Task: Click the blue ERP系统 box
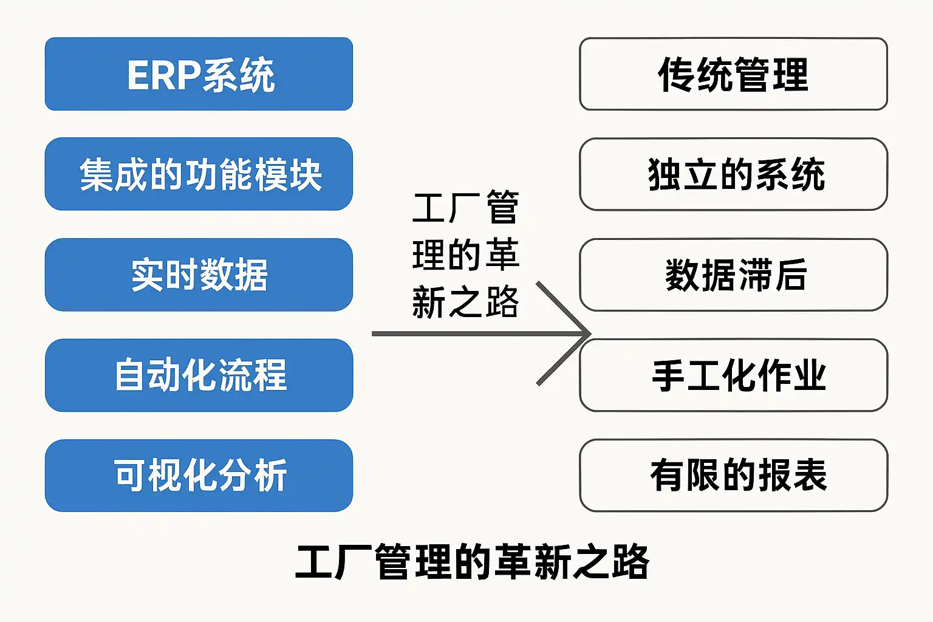point(199,74)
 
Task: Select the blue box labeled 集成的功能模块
point(199,174)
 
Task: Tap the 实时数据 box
point(199,275)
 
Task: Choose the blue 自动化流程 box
point(199,375)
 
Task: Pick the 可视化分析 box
point(199,475)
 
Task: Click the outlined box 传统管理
point(733,74)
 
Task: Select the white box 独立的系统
point(733,174)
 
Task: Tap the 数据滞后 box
point(733,275)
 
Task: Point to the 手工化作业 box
point(733,375)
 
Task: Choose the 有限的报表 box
point(733,475)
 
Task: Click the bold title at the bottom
point(472,562)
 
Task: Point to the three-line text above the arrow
point(465,255)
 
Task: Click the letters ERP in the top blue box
point(163,75)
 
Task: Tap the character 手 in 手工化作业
point(669,375)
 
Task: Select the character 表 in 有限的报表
point(810,475)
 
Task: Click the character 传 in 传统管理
point(676,75)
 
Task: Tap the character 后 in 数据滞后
point(790,275)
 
